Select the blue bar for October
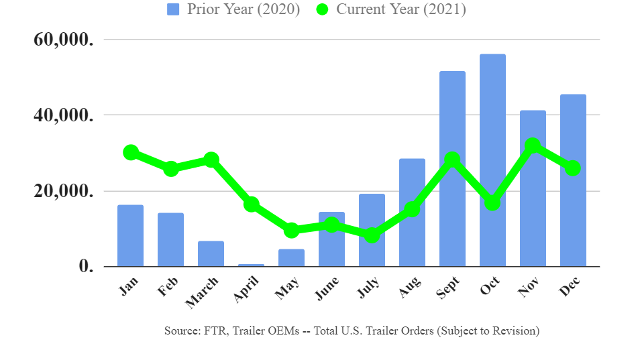492,161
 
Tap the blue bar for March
211,254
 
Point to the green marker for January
131,152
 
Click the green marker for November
533,145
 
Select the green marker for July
372,235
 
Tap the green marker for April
252,204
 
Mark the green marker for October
492,202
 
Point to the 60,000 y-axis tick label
63,40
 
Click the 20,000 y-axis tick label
63,191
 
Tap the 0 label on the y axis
86,267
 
